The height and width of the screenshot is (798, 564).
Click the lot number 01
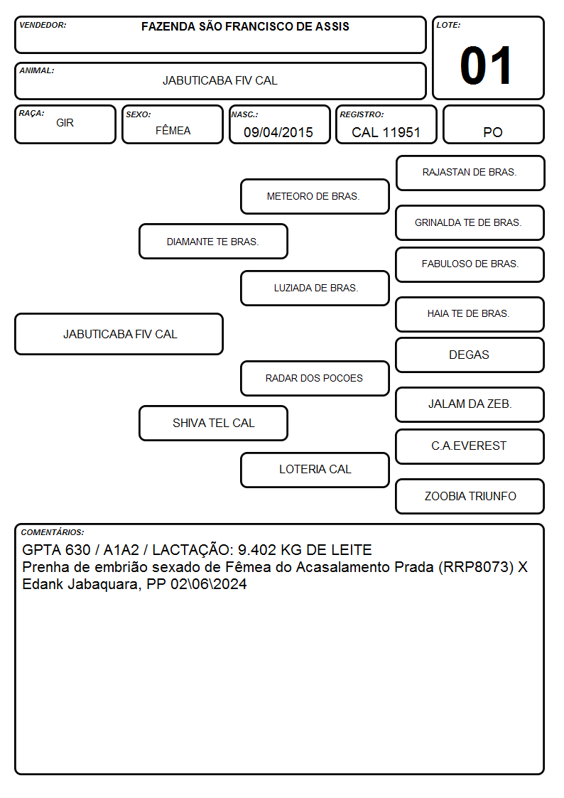[x=486, y=65]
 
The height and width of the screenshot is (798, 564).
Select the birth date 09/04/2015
[x=278, y=132]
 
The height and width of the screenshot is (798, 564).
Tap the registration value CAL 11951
[x=386, y=132]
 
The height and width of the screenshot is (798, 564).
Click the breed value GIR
[x=65, y=123]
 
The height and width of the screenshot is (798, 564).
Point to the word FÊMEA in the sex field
[x=173, y=130]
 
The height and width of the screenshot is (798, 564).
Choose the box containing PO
[x=493, y=124]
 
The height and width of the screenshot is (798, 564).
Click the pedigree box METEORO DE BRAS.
[x=315, y=196]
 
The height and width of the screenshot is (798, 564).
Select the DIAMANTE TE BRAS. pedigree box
[x=214, y=241]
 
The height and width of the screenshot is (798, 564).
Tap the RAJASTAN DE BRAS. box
[x=470, y=173]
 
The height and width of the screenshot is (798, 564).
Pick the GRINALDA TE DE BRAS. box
[x=470, y=223]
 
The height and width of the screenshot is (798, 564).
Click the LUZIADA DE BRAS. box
[x=315, y=288]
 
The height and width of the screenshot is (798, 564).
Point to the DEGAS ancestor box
[x=470, y=355]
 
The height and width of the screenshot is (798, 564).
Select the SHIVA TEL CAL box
[x=214, y=424]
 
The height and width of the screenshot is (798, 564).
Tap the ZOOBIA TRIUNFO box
[x=470, y=496]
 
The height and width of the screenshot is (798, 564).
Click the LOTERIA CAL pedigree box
[x=315, y=470]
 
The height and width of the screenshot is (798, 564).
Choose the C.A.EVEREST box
[x=470, y=446]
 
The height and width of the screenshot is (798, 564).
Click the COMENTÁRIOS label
[x=53, y=532]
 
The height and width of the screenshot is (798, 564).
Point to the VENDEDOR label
[x=43, y=25]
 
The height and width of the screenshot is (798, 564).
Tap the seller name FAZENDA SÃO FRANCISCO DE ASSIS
[x=245, y=26]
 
